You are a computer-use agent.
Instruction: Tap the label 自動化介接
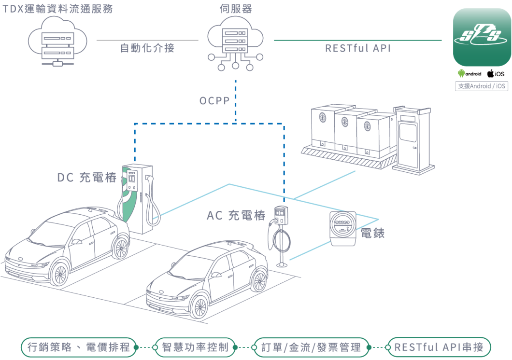pyautogui.click(x=147, y=48)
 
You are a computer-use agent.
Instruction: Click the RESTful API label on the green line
pyautogui.click(x=358, y=48)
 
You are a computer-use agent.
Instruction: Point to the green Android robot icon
pyautogui.click(x=461, y=74)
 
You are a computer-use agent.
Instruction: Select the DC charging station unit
pyautogui.click(x=138, y=198)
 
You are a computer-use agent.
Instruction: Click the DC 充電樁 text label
pyautogui.click(x=87, y=178)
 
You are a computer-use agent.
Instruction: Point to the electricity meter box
pyautogui.click(x=343, y=228)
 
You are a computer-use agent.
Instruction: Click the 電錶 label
pyautogui.click(x=373, y=234)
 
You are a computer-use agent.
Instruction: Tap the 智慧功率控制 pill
pyautogui.click(x=195, y=347)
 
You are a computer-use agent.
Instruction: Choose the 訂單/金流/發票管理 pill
pyautogui.click(x=311, y=347)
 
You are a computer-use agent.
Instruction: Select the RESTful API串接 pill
pyautogui.click(x=440, y=347)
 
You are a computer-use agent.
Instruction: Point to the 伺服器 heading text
pyautogui.click(x=235, y=9)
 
